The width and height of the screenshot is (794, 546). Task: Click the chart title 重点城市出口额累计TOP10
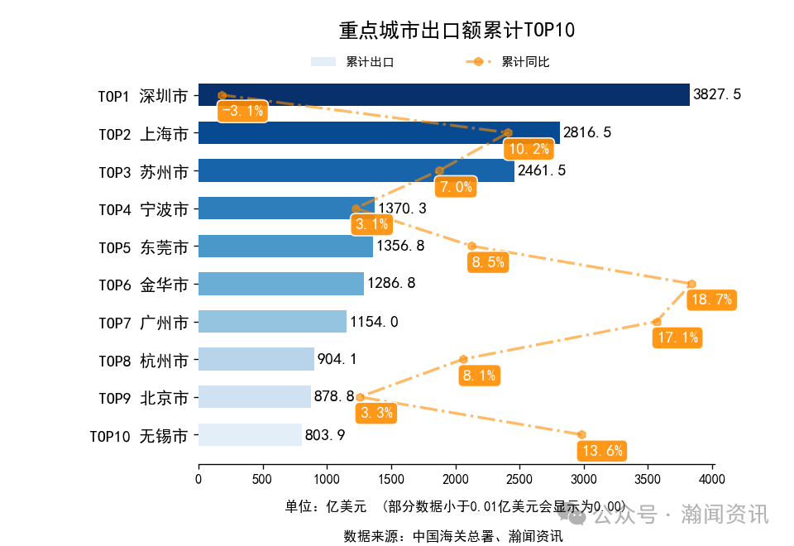point(457,31)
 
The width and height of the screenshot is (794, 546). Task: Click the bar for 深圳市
point(443,94)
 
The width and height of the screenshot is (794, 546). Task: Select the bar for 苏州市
point(356,170)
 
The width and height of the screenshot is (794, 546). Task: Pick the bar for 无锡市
point(250,434)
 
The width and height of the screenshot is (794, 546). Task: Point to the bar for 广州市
point(272,321)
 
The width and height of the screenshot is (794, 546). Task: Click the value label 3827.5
point(716,94)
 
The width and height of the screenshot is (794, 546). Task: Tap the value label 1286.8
point(391,284)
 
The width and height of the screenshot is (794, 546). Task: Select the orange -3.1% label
point(242,111)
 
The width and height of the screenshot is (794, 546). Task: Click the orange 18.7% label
point(711,299)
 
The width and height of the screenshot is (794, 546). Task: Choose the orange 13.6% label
point(602,451)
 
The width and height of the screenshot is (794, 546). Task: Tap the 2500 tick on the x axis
point(519,479)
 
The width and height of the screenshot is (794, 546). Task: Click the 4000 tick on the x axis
point(712,479)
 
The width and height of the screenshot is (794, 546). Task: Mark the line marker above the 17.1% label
point(657,321)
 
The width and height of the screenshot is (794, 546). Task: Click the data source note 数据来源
point(453,536)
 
